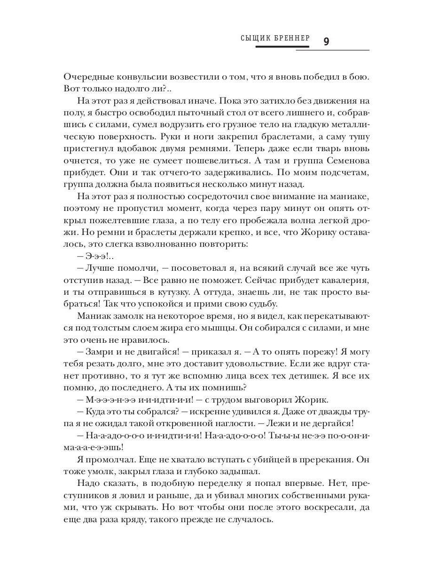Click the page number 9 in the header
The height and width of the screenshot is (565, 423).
click(326, 41)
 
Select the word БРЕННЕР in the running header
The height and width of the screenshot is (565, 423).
click(291, 38)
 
